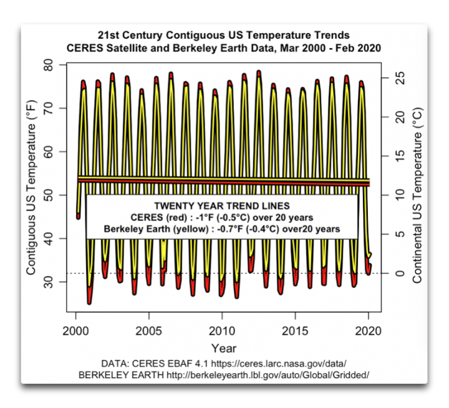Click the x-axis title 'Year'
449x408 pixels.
pos(223,348)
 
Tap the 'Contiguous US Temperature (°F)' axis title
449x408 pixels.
pos(31,187)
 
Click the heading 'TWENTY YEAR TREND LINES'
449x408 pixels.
pos(222,205)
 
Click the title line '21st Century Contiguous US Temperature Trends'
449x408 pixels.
pos(222,35)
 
